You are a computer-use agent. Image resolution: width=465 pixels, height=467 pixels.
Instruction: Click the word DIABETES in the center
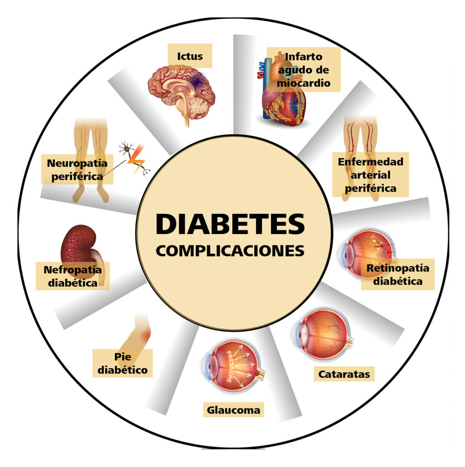click(230, 224)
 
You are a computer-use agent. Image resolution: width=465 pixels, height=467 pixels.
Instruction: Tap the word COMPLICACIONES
click(230, 251)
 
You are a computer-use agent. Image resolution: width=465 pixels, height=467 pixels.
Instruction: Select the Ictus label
click(190, 56)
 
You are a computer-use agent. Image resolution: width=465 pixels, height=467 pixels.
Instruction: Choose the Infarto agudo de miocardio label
click(303, 70)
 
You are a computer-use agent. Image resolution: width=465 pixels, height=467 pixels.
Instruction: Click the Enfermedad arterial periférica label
click(371, 175)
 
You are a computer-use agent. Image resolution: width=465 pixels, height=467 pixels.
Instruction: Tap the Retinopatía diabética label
click(397, 274)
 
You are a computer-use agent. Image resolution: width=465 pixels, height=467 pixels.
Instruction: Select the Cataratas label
click(344, 374)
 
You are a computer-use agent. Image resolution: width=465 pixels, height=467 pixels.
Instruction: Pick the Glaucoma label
click(233, 410)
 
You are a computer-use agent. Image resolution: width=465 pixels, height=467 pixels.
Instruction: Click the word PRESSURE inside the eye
click(229, 366)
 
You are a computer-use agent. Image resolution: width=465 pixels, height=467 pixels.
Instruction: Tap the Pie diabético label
click(122, 363)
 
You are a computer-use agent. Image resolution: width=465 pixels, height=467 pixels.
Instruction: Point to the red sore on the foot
click(146, 336)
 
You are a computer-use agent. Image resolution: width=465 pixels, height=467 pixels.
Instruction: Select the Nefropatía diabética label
click(73, 276)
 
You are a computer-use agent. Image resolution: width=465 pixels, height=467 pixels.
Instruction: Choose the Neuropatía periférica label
click(77, 170)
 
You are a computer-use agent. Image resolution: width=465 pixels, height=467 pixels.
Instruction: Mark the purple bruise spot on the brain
click(197, 81)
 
